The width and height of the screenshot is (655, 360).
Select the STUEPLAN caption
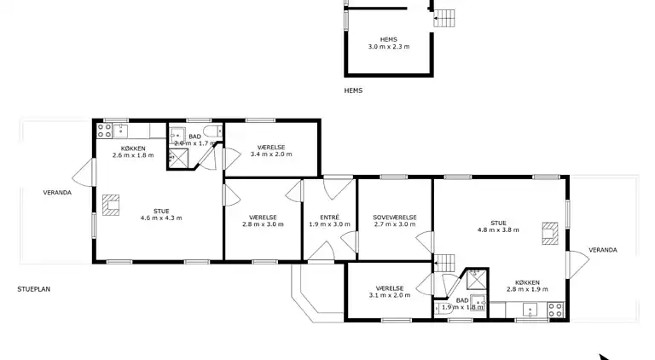(33, 289)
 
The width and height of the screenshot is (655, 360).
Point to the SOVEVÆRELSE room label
(395, 217)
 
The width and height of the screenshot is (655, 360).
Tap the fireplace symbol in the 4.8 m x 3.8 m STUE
(550, 233)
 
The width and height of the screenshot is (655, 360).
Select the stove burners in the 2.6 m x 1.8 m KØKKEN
(106, 131)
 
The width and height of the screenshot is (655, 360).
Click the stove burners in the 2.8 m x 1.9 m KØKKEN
(555, 310)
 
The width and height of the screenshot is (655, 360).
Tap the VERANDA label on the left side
(57, 193)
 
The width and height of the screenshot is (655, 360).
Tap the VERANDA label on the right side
(602, 250)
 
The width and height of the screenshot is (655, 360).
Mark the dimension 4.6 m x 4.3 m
(161, 218)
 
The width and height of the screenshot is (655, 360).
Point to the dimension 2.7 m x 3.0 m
(395, 224)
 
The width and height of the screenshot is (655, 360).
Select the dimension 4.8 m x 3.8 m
(499, 229)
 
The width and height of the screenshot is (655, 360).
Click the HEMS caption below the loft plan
(353, 90)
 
